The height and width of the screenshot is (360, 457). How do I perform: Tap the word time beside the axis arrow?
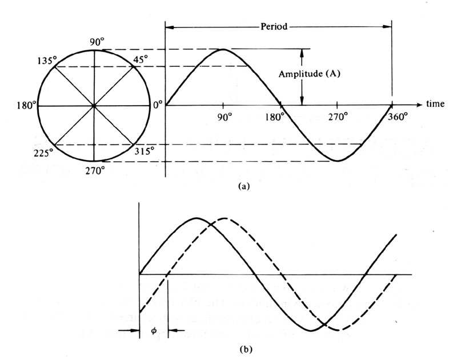point(439,105)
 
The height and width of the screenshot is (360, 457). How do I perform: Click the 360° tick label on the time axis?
point(399,117)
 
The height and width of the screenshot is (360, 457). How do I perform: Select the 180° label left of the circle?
point(27,105)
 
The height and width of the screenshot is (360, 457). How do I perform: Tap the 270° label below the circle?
point(95,170)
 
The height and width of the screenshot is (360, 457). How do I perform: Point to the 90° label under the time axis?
point(225,117)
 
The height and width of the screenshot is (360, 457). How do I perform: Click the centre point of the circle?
point(94,106)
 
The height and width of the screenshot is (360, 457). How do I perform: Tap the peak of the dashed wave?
point(224,218)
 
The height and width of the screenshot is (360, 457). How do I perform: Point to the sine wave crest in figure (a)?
point(223,49)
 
